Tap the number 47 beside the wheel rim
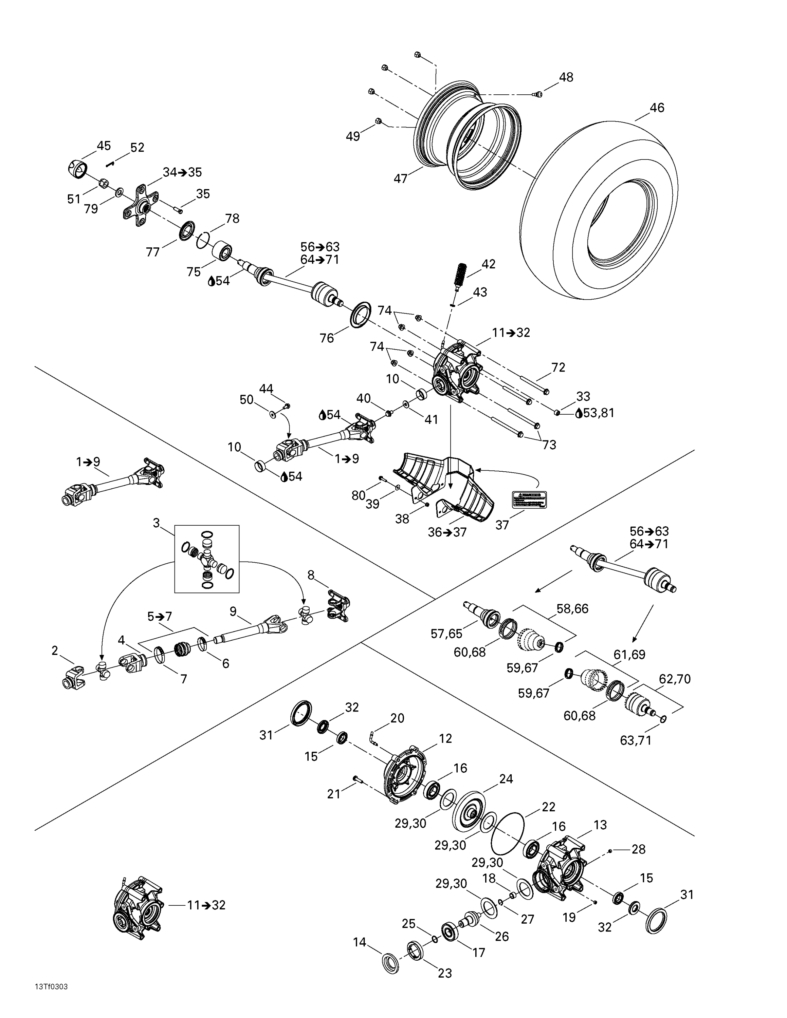point(401,178)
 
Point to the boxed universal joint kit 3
point(206,559)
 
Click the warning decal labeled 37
point(529,499)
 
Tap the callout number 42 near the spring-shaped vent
point(488,264)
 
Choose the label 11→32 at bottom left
point(206,905)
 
